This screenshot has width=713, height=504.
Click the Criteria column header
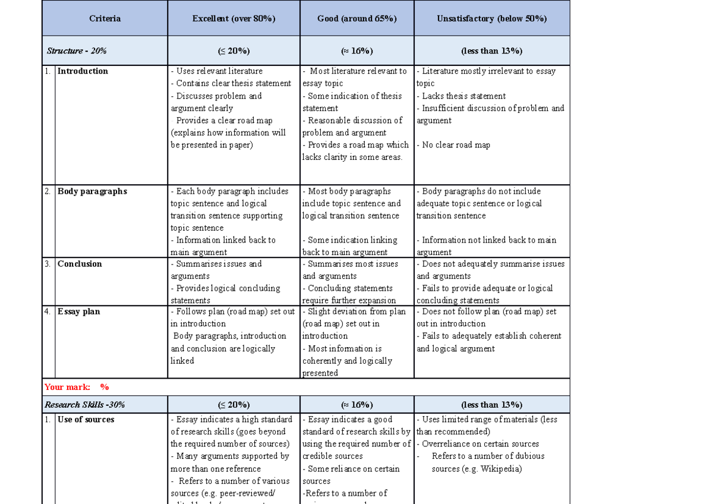point(105,18)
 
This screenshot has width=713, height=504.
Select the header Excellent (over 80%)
point(234,18)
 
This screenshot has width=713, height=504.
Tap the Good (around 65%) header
point(356,18)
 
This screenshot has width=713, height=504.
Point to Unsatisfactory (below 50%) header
point(491,18)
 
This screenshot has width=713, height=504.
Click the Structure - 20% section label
point(77,51)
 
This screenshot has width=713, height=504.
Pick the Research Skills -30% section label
point(84,405)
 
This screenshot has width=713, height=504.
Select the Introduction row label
point(83,71)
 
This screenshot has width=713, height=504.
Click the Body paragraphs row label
point(92,191)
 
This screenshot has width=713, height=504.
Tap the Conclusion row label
point(80,264)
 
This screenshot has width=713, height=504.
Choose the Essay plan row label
point(78,311)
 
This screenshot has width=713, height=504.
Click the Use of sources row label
point(86,420)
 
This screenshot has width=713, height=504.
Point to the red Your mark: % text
point(77,387)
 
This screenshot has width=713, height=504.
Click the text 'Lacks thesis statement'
point(463,96)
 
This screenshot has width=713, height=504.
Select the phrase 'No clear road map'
point(456,145)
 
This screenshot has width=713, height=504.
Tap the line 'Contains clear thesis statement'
point(234,84)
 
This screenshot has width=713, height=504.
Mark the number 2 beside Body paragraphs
point(48,191)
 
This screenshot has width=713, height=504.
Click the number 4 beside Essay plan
point(48,311)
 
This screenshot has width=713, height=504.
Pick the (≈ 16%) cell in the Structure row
point(356,51)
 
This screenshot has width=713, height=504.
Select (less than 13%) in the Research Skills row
point(491,405)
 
